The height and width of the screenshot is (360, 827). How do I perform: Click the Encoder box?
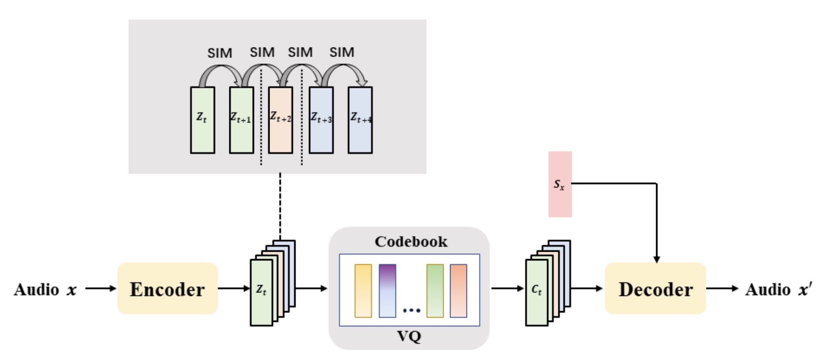click(167, 289)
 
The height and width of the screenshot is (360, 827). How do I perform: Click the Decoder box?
click(655, 289)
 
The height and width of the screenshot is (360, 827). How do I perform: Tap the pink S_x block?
click(560, 184)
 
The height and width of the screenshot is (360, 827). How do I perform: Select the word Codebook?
click(411, 242)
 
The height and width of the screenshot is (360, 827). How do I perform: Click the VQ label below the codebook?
click(409, 337)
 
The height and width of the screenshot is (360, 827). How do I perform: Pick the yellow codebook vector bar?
click(363, 291)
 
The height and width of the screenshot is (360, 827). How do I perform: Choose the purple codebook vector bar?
click(387, 291)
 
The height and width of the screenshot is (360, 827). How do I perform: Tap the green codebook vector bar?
click(435, 291)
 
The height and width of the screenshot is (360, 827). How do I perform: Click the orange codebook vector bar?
click(458, 291)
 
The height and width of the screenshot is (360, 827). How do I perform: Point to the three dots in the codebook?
click(411, 311)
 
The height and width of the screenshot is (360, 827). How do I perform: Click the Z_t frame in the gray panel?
click(202, 120)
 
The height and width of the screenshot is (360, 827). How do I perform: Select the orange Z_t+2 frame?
click(281, 120)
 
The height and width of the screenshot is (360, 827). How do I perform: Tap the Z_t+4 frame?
click(360, 120)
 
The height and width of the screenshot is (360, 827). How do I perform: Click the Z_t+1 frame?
click(241, 120)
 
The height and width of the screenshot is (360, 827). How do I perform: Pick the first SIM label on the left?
click(220, 53)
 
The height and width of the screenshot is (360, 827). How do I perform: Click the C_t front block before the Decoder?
click(536, 292)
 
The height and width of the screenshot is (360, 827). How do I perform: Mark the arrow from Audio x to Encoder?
click(101, 289)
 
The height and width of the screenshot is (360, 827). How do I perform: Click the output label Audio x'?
click(779, 290)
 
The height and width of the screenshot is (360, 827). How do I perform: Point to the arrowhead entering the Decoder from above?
click(657, 259)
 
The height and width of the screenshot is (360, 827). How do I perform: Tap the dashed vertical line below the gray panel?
click(280, 206)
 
